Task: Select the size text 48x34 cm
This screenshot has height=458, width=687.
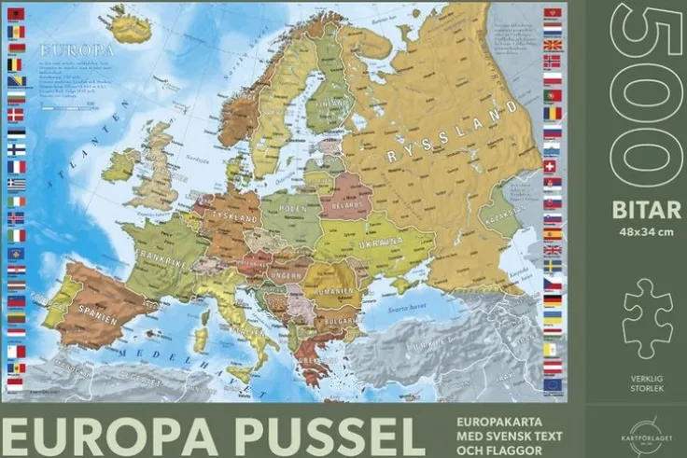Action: coord(646,231)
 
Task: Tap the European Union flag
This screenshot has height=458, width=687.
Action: coord(553,384)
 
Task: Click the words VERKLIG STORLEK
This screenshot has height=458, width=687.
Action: coord(647,382)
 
